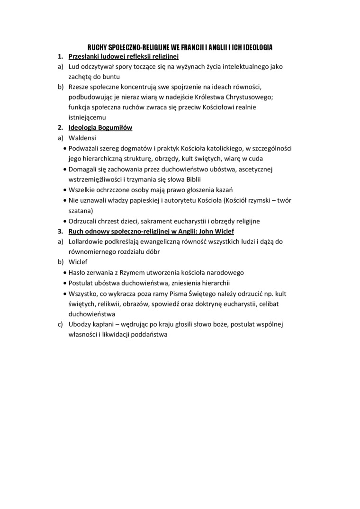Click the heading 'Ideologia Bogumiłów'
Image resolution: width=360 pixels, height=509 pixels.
[x=100, y=128]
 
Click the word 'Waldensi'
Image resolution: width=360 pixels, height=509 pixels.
[x=82, y=138]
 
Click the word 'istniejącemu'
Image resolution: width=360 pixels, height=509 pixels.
[x=87, y=117]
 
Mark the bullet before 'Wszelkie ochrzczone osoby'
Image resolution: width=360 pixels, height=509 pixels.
[x=65, y=190]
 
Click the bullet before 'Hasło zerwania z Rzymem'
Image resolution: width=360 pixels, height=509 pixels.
[x=65, y=273]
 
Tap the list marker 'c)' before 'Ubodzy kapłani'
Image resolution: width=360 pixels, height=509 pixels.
[x=60, y=324]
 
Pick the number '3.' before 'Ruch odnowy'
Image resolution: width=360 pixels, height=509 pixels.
[x=61, y=231]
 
